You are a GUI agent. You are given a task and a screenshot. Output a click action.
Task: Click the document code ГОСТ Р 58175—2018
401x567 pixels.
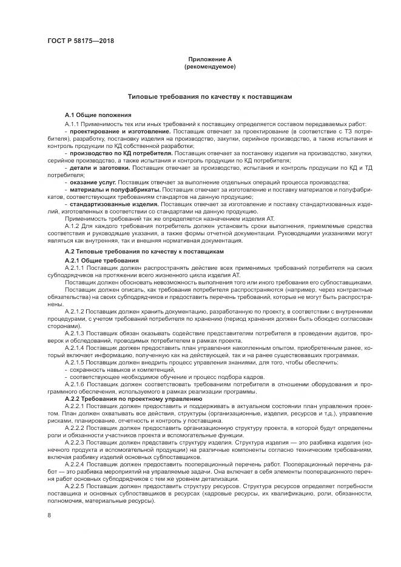point(81,41)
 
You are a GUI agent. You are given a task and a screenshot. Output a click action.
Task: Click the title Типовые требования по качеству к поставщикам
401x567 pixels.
point(210,97)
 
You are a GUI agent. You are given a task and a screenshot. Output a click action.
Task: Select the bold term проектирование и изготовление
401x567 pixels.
point(120,131)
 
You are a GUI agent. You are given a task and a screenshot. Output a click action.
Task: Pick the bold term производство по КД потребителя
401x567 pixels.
point(121,153)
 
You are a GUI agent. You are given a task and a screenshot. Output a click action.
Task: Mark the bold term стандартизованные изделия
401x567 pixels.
point(114,205)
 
